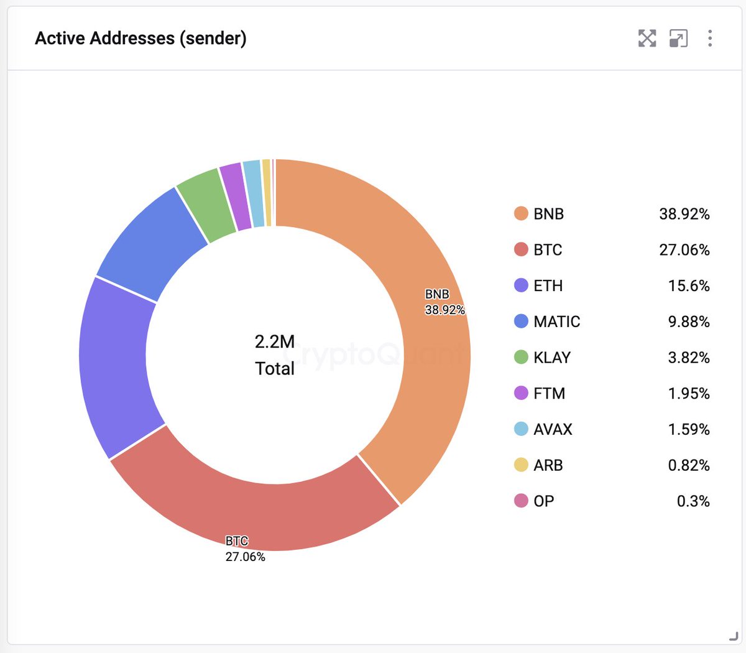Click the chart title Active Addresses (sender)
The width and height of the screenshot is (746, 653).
coord(140,39)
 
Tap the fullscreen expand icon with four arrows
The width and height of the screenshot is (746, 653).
coord(647,39)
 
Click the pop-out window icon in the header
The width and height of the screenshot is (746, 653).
coord(678,39)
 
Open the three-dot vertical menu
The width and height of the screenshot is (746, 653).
coord(709,39)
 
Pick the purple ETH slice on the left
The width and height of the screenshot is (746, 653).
coord(115,367)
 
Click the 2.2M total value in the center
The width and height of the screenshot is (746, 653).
coord(275,341)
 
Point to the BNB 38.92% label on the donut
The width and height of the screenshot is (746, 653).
coord(444,302)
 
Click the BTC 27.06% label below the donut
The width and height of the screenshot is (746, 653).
coord(245,549)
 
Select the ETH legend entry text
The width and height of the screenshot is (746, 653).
coord(548,285)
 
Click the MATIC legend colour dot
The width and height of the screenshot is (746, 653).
coord(521,322)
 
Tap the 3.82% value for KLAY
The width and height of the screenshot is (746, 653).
coord(689,358)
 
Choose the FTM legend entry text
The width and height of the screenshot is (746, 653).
coord(549,394)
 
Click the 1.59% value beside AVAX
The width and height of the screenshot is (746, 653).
coord(689,429)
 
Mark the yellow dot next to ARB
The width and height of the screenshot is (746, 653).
coord(521,465)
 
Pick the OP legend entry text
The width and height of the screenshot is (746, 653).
coord(543,501)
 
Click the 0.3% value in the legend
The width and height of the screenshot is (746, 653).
coord(693,501)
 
